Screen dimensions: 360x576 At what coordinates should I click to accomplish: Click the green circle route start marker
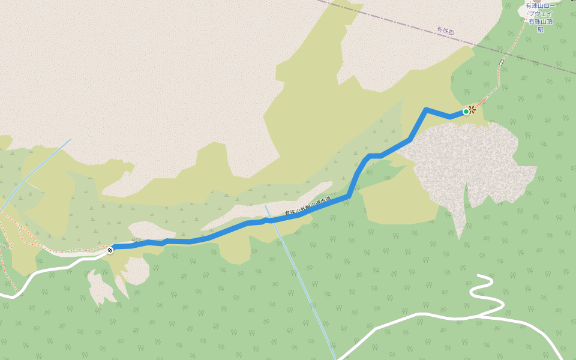466,111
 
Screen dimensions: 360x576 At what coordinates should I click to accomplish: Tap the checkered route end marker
110,250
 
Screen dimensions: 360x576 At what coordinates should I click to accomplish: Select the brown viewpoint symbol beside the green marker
472,109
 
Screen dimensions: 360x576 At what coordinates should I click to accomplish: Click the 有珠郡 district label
445,31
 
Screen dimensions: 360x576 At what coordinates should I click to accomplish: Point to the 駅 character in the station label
540,29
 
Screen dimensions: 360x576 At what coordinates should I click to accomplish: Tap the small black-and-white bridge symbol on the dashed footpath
501,62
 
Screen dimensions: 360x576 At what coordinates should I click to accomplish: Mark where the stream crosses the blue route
269,220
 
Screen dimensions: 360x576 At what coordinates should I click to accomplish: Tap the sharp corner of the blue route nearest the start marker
425,110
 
